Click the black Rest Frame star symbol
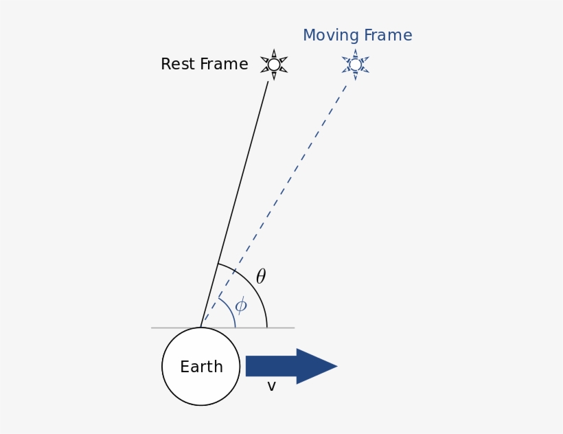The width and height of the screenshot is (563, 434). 274,65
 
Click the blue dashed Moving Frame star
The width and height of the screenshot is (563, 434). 355,65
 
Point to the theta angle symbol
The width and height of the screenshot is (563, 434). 261,277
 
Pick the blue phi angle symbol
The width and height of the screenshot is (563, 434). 240,306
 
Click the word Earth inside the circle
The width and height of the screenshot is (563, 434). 201,367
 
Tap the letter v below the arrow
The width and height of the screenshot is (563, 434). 271,387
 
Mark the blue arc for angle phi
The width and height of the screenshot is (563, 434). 230,309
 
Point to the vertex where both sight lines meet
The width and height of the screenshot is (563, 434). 201,327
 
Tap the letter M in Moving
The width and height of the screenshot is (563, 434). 309,36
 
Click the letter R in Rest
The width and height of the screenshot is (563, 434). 165,65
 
